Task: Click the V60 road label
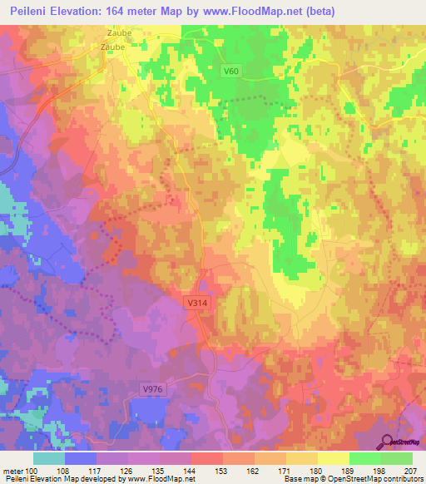tap(231, 72)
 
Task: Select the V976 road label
tap(151, 389)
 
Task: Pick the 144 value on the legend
tap(199, 470)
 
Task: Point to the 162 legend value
tap(262, 470)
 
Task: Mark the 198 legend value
tap(388, 470)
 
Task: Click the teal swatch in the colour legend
tap(49, 458)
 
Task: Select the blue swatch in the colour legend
tap(81, 458)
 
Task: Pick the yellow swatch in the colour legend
tap(334, 458)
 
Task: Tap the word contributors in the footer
tap(402, 480)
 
